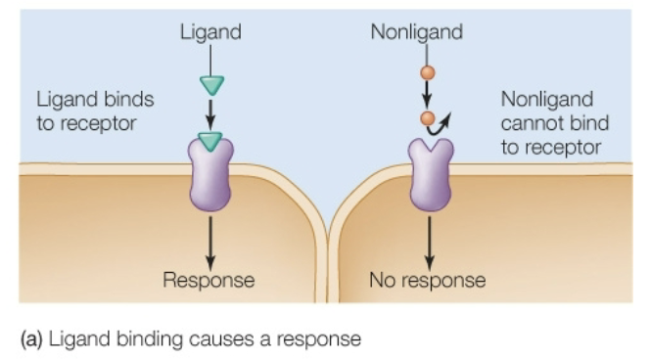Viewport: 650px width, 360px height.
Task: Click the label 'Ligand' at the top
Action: point(210,33)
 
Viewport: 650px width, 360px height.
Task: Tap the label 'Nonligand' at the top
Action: point(416,33)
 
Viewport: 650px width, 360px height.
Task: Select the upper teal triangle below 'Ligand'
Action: point(210,84)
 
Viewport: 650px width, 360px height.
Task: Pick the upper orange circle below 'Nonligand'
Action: point(428,72)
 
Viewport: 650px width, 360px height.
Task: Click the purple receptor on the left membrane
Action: point(209,176)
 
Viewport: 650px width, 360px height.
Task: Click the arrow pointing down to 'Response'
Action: point(209,240)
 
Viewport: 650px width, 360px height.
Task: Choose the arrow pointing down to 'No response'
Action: point(429,240)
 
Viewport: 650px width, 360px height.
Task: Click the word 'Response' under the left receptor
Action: point(209,281)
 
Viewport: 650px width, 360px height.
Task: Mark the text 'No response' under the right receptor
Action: point(428,281)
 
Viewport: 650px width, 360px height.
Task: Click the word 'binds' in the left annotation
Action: point(128,100)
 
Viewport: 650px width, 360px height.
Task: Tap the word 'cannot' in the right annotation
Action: point(530,123)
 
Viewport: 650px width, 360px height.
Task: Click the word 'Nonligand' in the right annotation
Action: point(547,100)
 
